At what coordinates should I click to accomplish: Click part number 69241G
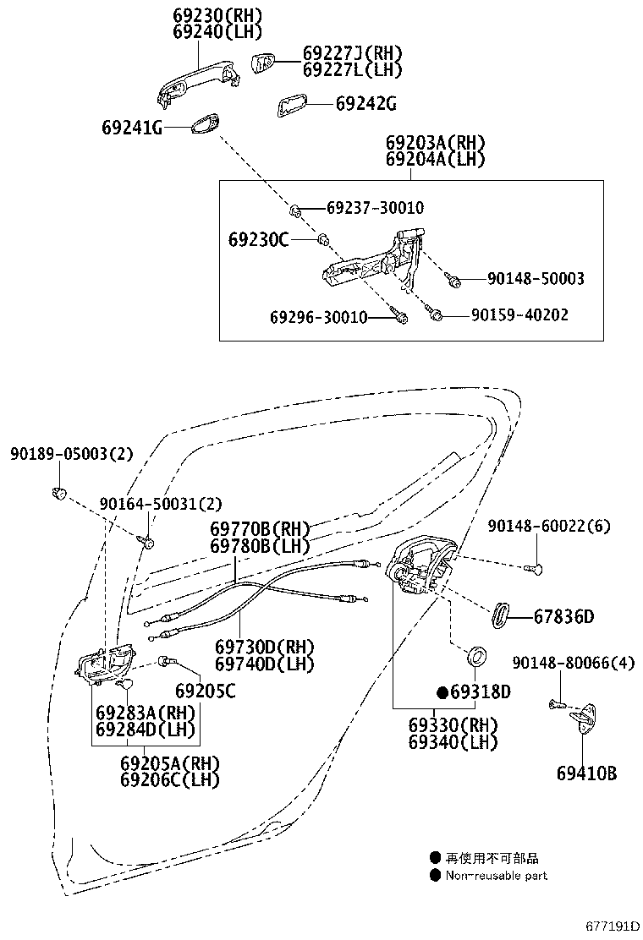point(131,128)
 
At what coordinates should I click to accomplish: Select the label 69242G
point(365,104)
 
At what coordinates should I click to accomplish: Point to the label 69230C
point(258,240)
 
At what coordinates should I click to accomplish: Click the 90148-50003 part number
point(535,278)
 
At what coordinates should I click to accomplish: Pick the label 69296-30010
point(319,317)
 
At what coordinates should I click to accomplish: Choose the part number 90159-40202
point(519,314)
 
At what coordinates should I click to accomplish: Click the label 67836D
point(563,616)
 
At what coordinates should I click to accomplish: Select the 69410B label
point(586,773)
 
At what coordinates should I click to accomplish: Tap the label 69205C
point(206,691)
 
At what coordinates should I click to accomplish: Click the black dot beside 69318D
point(442,692)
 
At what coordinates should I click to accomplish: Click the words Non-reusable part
point(497,876)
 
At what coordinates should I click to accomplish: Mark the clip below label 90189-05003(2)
point(60,492)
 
